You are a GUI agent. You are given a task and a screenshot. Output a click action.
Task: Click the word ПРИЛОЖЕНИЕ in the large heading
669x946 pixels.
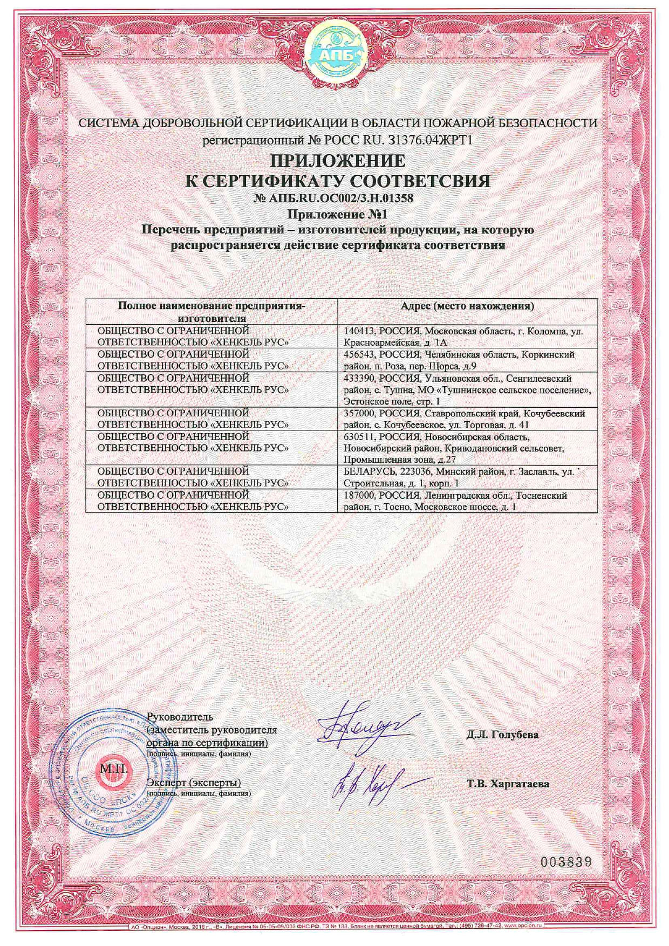pos(338,161)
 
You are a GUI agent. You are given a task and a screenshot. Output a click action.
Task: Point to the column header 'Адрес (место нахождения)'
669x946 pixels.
pos(467,306)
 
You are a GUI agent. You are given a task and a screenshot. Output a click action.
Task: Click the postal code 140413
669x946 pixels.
pos(359,331)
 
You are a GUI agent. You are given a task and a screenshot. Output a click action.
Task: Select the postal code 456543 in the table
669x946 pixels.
pos(359,354)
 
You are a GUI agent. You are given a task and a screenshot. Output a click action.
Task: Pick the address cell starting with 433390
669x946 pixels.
pos(467,390)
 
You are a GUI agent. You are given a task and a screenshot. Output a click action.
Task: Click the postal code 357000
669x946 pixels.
pos(359,414)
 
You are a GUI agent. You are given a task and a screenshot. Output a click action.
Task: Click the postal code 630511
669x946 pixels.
pos(359,437)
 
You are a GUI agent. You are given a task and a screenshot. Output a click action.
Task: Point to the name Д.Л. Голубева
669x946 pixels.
pos(502,734)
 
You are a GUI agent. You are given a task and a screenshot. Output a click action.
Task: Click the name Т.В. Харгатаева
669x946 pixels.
pos(508,784)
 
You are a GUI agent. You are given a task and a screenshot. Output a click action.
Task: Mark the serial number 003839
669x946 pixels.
pos(565,861)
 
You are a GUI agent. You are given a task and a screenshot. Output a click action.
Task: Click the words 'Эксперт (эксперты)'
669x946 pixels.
pos(194,783)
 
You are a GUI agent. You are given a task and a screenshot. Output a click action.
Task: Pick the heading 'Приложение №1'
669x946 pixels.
pos(337,214)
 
